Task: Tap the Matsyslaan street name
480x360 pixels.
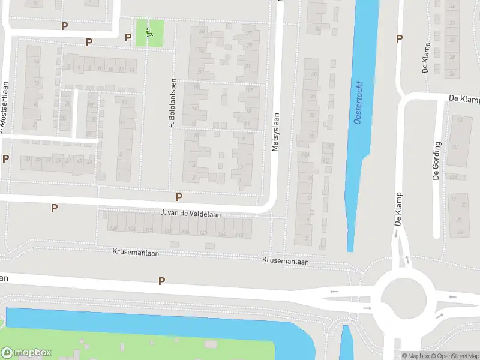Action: tap(275, 133)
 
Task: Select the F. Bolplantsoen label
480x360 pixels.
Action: tap(172, 103)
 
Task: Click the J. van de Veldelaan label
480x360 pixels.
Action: tap(191, 213)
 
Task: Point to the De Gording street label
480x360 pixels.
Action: tap(437, 161)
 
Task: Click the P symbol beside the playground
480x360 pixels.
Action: tap(128, 37)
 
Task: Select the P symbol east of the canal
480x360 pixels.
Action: tap(399, 39)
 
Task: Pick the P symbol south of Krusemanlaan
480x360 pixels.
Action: tap(161, 281)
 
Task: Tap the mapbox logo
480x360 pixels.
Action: tap(26, 352)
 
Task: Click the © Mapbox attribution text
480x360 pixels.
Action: tap(415, 356)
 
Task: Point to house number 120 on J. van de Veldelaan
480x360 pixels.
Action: tap(113, 228)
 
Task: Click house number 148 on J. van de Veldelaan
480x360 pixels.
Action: tap(239, 235)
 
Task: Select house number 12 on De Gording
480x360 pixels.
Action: tap(460, 120)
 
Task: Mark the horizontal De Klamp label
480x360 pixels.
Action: tap(464, 98)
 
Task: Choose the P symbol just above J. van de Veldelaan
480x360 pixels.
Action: tap(179, 197)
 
